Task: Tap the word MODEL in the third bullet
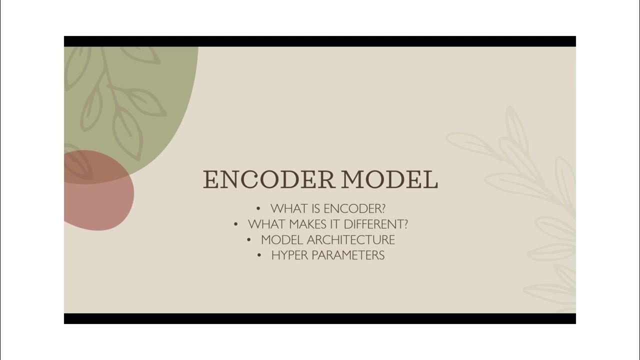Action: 282,239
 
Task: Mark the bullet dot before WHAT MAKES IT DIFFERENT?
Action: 236,224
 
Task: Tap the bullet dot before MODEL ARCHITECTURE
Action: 249,239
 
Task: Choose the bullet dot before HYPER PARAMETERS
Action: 259,255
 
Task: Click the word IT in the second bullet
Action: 335,224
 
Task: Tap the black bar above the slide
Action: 320,41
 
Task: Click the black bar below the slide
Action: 320,318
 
